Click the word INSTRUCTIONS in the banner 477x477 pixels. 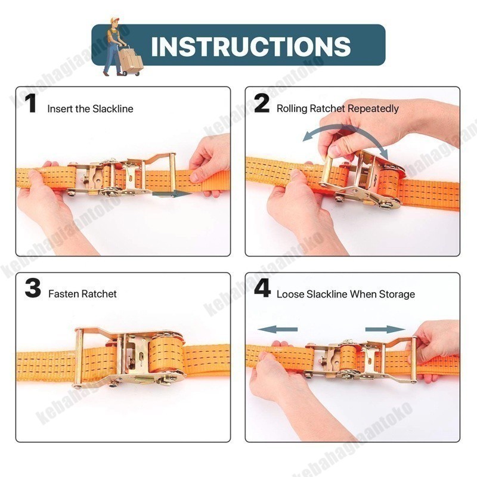tap(250, 47)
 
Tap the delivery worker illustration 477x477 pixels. tap(123, 47)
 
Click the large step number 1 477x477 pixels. tap(31, 103)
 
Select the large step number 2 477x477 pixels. tap(262, 103)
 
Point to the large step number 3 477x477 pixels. tap(33, 289)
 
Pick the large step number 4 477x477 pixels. tap(262, 289)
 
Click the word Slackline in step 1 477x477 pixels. tap(113, 109)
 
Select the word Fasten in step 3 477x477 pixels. tap(64, 294)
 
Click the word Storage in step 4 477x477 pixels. tap(397, 295)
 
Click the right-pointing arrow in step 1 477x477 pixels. tap(171, 194)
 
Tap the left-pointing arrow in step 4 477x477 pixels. tap(277, 330)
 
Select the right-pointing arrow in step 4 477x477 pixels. tap(385, 330)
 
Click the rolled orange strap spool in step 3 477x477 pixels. tap(166, 354)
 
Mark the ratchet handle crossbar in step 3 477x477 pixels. tap(79, 358)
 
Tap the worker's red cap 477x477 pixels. tap(114, 20)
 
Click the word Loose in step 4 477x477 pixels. tap(290, 295)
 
